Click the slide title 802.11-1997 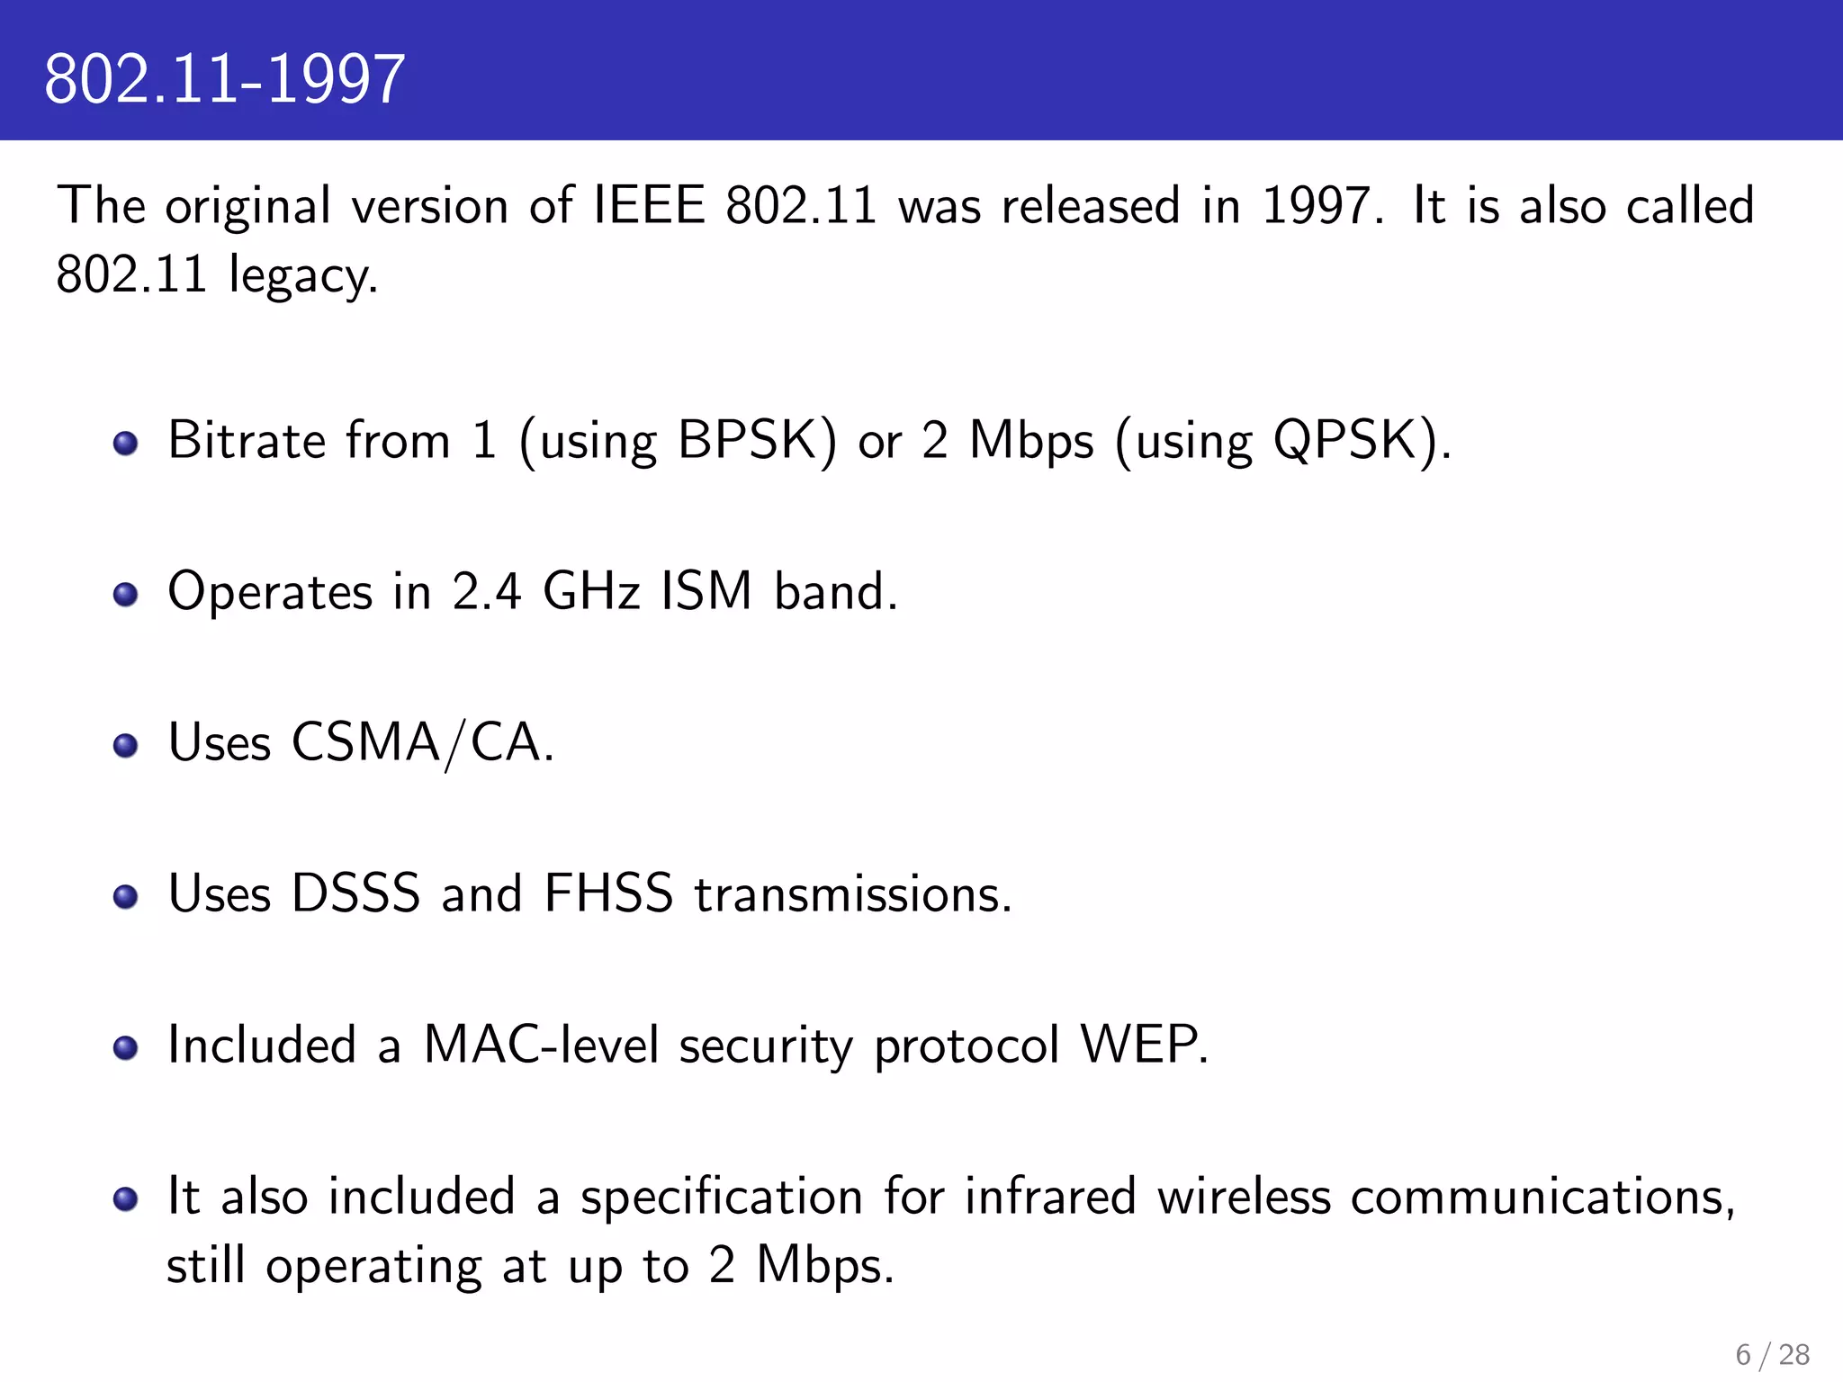click(224, 79)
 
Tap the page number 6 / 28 click(1772, 1354)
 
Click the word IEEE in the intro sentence click(648, 205)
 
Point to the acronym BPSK click(756, 441)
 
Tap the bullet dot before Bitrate click(126, 443)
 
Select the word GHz click(591, 592)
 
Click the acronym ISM click(706, 592)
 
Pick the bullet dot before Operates click(126, 594)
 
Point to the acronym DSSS click(355, 894)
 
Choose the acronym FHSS click(608, 894)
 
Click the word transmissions click(852, 894)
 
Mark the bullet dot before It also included click(126, 1198)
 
